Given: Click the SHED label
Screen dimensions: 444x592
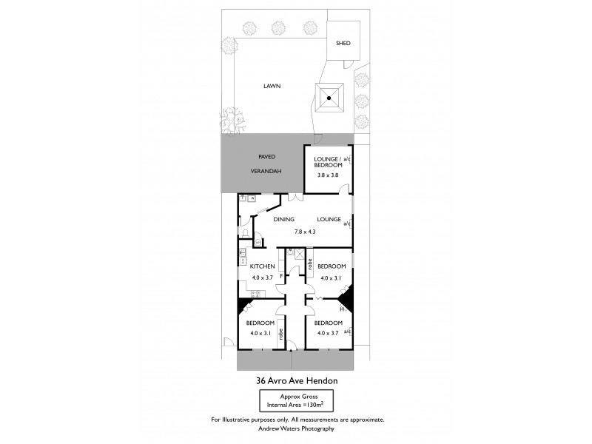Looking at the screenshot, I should pos(343,44).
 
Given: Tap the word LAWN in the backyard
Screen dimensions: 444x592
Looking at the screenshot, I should pos(272,86).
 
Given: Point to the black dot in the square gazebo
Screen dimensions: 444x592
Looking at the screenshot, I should pos(330,98).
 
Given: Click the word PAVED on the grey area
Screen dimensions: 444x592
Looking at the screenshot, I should pos(266,157).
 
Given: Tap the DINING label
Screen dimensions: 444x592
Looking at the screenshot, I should pos(284,220).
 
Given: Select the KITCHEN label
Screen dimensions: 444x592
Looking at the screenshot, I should pos(262,266).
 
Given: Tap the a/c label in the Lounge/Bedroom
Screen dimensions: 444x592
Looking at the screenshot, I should pos(347,160).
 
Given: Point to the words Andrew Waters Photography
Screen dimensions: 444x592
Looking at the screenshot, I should pos(296,429).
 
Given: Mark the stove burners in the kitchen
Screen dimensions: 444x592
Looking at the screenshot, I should pos(243,256).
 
